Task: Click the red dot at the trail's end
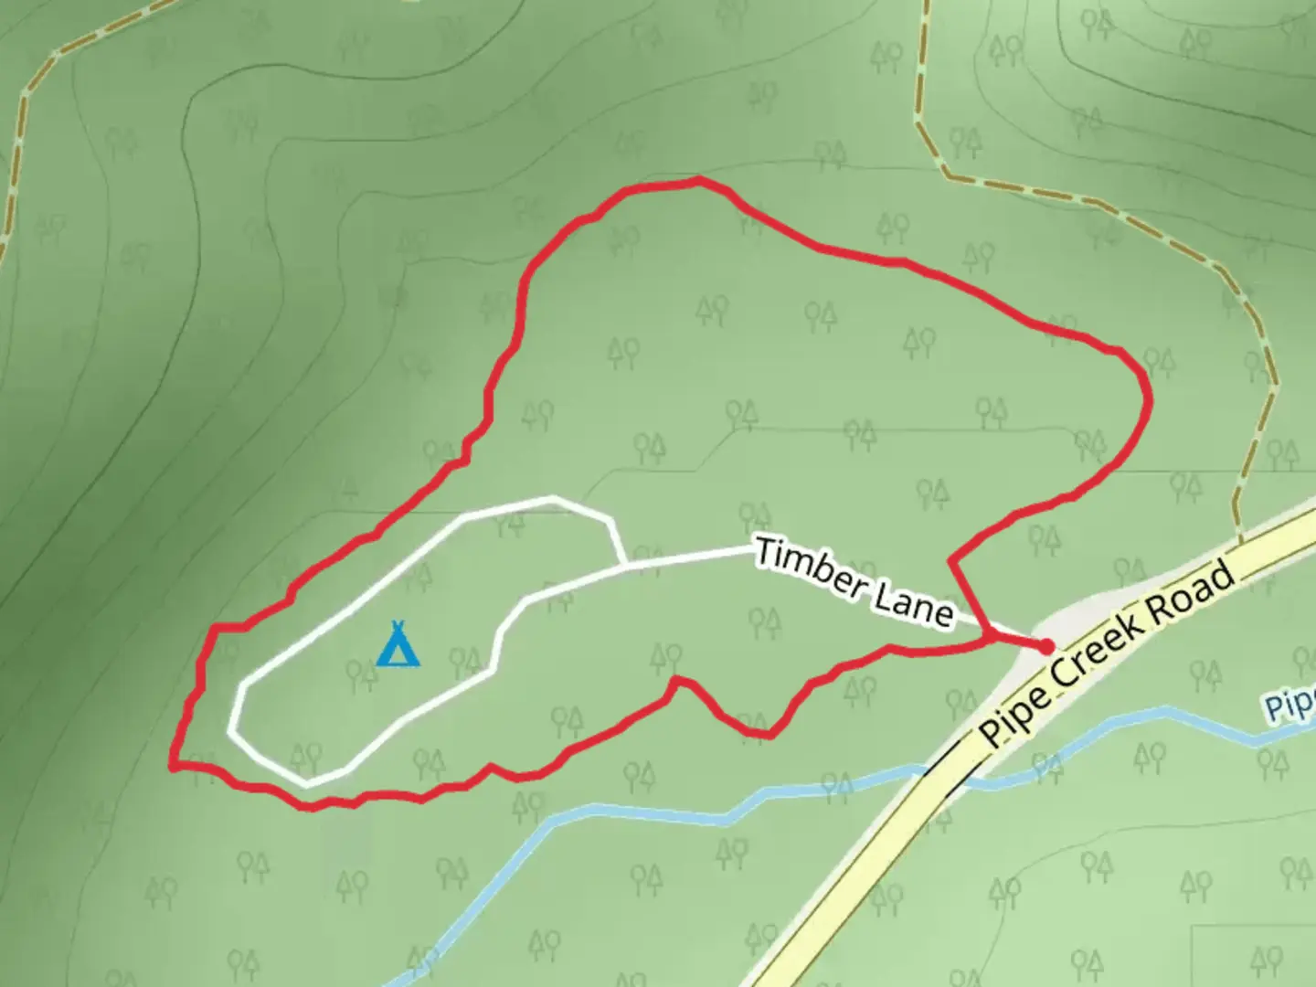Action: point(1045,647)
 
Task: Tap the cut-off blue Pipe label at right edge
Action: point(1290,705)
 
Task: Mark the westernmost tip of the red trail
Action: point(173,766)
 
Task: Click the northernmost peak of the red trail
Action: point(697,180)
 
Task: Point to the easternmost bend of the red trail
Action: point(1148,399)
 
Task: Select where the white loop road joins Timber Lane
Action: point(625,565)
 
